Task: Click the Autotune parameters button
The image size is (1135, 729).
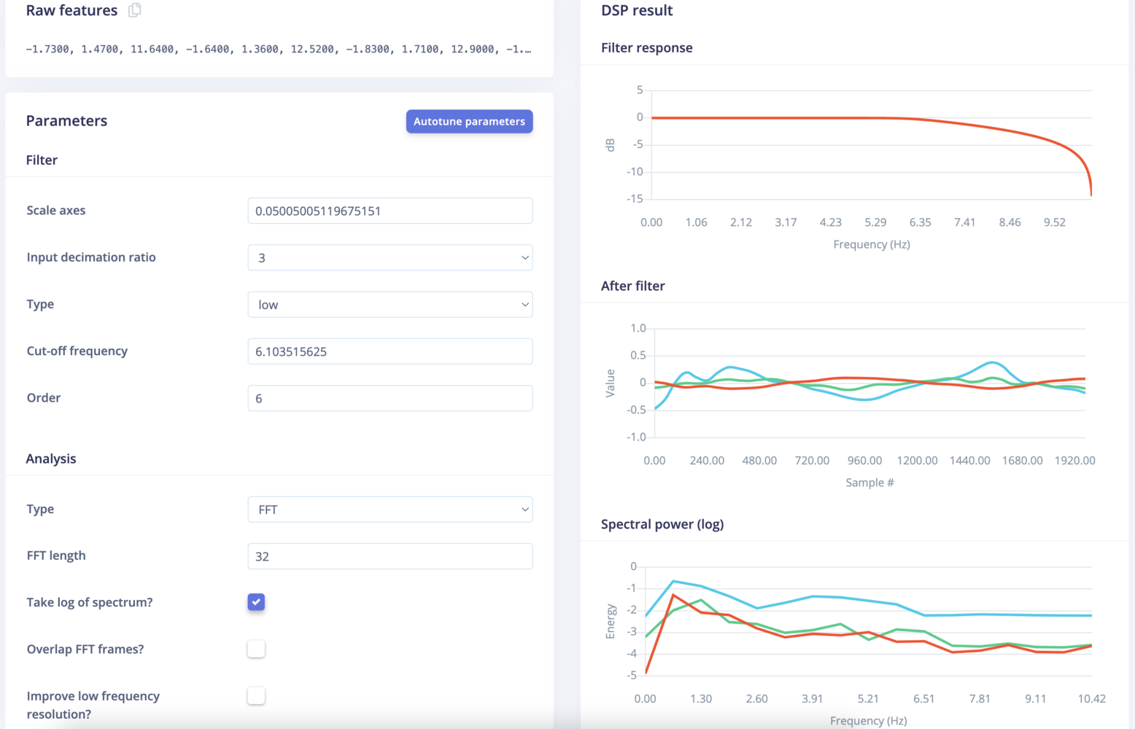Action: tap(469, 121)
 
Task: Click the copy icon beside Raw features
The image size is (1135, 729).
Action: tap(134, 10)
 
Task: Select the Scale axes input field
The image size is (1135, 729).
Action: tap(390, 211)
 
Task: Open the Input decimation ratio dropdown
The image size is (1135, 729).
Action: tap(390, 257)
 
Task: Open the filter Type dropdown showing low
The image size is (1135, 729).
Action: tap(390, 305)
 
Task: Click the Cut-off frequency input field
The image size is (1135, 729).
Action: tap(390, 351)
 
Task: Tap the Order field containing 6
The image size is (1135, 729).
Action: tap(390, 398)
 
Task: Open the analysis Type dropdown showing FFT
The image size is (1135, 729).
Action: tap(390, 510)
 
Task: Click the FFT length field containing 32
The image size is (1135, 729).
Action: tap(390, 556)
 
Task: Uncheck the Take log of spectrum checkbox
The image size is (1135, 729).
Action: tap(256, 602)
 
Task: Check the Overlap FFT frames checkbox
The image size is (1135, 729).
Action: tap(256, 649)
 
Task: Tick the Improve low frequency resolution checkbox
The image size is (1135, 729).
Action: tap(256, 696)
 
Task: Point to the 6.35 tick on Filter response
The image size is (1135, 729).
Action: tap(920, 222)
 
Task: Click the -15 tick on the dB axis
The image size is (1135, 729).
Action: tap(635, 198)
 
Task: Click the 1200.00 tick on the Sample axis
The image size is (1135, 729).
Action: tap(917, 461)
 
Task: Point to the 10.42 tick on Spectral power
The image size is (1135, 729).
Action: tap(1091, 699)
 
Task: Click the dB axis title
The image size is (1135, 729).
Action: tap(611, 145)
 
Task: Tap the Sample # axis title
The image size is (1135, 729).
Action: tap(869, 483)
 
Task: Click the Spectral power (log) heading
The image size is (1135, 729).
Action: tap(662, 524)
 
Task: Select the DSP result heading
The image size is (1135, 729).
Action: tap(637, 10)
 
